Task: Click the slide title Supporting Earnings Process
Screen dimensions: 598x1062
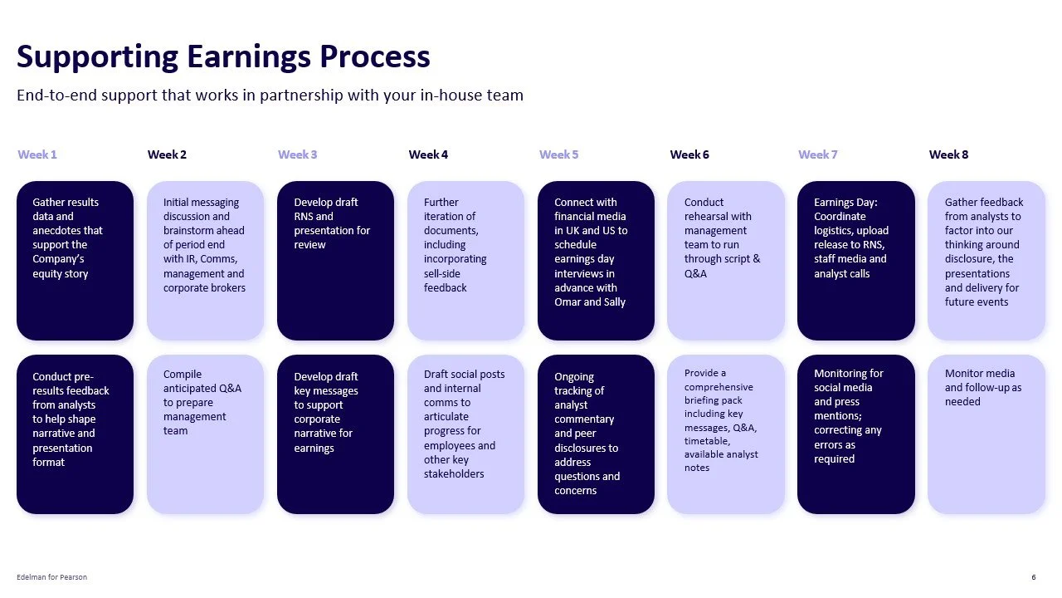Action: (223, 56)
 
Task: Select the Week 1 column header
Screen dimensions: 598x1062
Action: (37, 154)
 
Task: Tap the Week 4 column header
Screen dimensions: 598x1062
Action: (428, 154)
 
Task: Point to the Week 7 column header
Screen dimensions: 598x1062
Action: (817, 154)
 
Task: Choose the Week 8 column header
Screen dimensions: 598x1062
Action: (948, 154)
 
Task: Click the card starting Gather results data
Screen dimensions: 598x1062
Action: (75, 260)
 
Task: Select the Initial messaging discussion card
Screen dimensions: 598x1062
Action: (205, 260)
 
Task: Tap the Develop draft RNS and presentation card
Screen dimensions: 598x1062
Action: (335, 260)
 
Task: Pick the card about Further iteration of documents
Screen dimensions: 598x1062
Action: (465, 260)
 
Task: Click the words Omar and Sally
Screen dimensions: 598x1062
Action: (590, 302)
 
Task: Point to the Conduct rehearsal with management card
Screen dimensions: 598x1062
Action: (725, 260)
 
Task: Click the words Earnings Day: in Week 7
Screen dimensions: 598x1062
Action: (845, 203)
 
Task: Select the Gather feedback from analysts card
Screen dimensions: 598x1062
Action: (986, 260)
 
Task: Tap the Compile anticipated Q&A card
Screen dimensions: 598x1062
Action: (205, 434)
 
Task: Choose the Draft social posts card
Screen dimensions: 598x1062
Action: (465, 434)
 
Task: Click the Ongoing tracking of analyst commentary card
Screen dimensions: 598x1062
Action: (596, 434)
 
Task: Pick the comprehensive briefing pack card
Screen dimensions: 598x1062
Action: (725, 434)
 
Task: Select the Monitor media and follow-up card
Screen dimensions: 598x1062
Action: (986, 434)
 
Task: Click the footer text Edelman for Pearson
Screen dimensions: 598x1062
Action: (51, 577)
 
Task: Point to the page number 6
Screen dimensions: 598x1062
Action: (1033, 577)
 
